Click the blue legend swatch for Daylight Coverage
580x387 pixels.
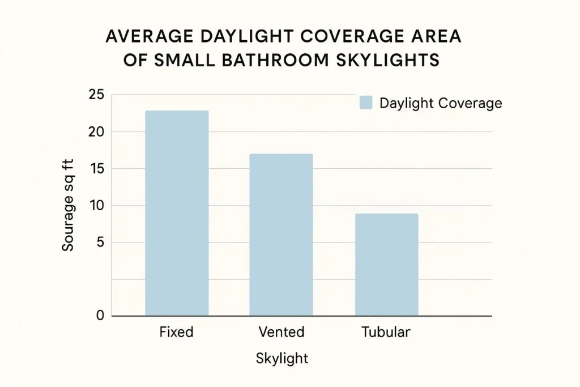tap(366, 103)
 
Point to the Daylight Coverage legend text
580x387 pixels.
tap(440, 103)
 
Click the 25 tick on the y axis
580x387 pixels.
tap(96, 95)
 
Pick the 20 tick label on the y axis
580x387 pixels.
tap(96, 132)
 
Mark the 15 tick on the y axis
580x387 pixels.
tap(96, 169)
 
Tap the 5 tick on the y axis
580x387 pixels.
tap(100, 243)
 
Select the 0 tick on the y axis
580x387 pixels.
tap(100, 316)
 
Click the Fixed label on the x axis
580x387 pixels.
tap(176, 332)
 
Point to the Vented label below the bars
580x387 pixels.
tap(281, 332)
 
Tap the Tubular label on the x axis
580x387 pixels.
tap(386, 332)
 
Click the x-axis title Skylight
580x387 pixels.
tap(282, 359)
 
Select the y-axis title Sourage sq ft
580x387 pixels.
tap(69, 205)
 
